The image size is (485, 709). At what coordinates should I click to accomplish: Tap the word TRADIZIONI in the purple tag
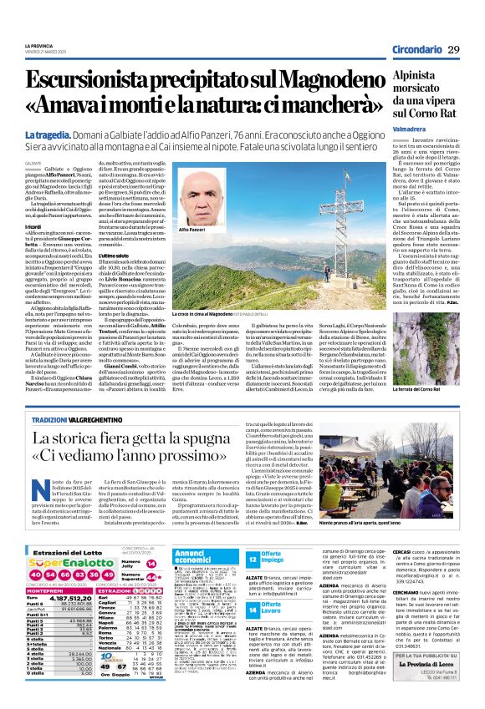[x=50, y=419]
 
